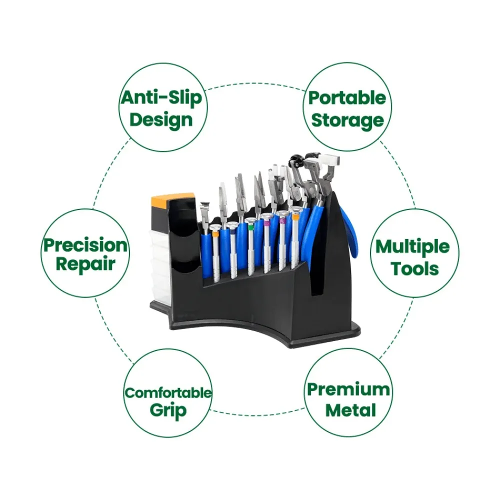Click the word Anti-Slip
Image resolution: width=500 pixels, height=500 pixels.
coord(161,97)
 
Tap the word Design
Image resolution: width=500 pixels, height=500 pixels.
coord(161,120)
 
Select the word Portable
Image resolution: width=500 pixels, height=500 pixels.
coord(347,98)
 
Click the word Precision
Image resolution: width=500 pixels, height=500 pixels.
coord(85,245)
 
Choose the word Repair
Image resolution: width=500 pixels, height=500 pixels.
coord(85,264)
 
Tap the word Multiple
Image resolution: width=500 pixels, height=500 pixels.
coord(412,247)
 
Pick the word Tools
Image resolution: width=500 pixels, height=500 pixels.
coord(414,268)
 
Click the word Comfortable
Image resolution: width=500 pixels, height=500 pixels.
coord(167,393)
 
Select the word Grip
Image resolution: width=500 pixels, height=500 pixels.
coord(168,410)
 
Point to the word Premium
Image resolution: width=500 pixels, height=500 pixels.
coord(348,389)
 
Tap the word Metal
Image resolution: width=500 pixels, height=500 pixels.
coord(350,410)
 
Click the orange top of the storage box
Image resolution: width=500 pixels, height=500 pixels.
coord(172,198)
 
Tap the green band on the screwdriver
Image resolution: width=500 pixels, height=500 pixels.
coord(251,226)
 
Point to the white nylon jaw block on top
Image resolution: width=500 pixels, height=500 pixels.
coord(329,160)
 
